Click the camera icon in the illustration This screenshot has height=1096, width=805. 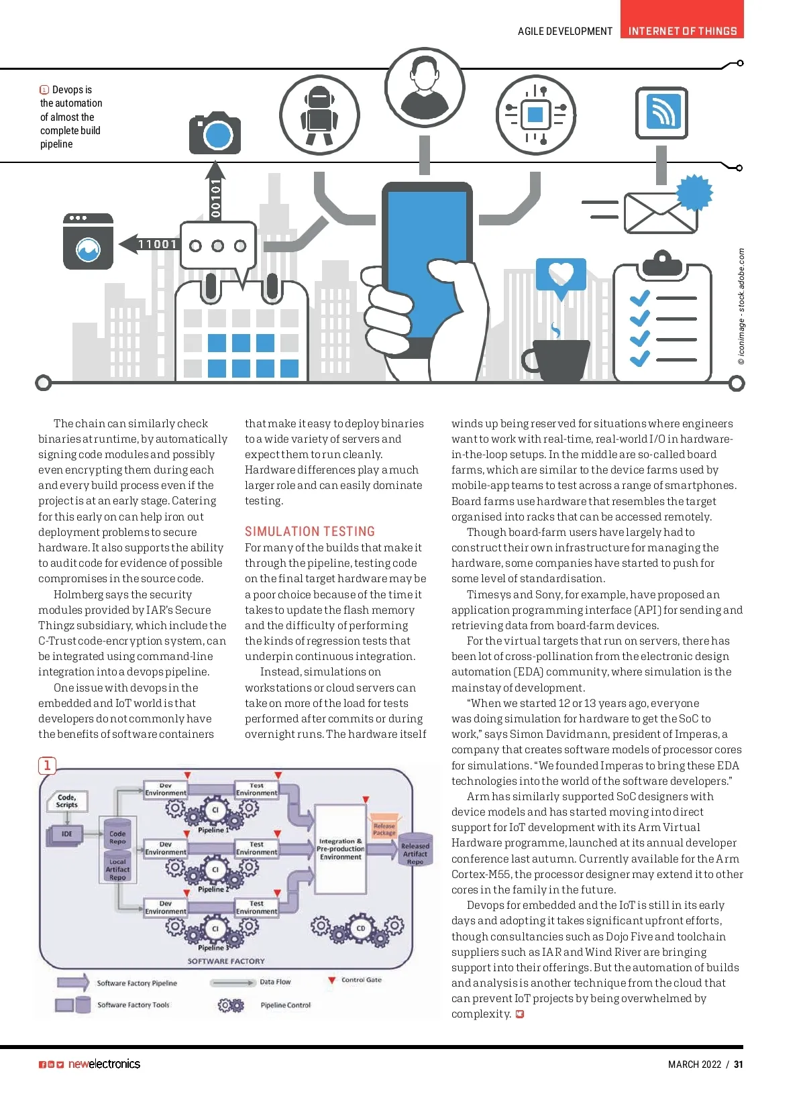215,133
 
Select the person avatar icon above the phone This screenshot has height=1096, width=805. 424,87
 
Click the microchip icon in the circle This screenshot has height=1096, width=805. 535,115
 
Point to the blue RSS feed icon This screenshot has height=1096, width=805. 661,112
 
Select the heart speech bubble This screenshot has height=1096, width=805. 561,276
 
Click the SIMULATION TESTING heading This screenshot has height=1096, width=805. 309,531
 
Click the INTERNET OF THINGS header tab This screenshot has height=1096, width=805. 682,31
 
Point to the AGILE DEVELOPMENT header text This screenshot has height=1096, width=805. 565,31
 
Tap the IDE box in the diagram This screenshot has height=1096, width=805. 66,834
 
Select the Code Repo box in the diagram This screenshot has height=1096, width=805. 117,837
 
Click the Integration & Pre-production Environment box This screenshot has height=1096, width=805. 340,848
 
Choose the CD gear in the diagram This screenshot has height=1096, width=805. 360,928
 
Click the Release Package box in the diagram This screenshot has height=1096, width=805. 384,829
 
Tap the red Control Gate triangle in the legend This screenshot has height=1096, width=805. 331,981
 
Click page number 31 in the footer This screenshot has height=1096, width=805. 738,1064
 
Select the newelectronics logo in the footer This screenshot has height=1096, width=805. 104,1064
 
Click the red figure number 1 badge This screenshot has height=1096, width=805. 47,765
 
